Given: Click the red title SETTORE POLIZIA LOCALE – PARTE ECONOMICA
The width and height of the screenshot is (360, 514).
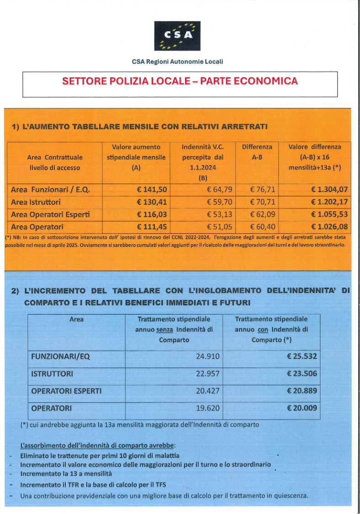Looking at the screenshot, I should pyautogui.click(x=180, y=81).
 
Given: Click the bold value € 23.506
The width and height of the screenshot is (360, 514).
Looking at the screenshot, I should pyautogui.click(x=302, y=374).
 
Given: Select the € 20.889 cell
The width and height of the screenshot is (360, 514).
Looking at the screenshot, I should pyautogui.click(x=302, y=391).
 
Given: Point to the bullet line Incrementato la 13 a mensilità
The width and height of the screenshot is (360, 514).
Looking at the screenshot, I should pyautogui.click(x=66, y=474).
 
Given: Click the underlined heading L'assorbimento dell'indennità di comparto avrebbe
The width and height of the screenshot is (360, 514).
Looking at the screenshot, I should pyautogui.click(x=98, y=445).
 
